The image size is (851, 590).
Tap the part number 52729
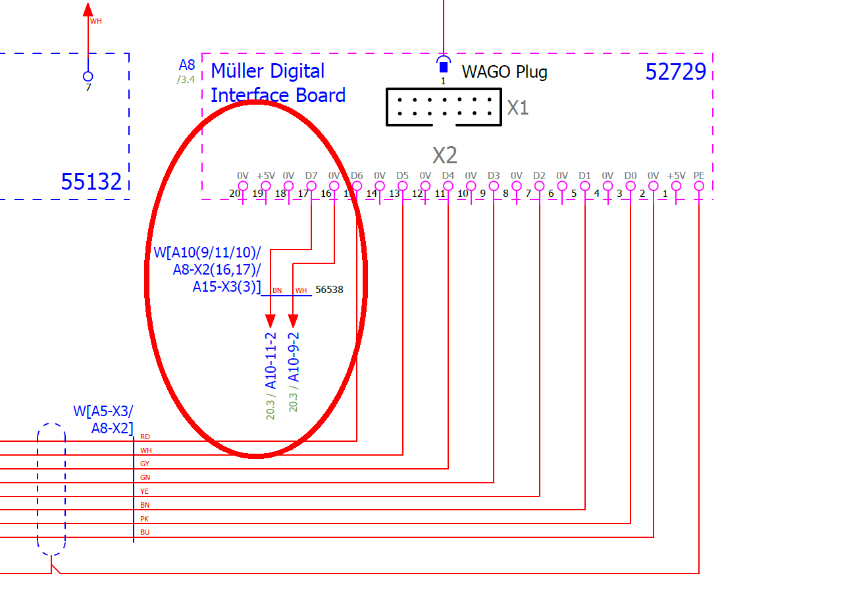click(675, 72)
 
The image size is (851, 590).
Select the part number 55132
click(91, 181)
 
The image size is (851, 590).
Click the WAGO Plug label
click(504, 72)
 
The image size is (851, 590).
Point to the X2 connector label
click(444, 155)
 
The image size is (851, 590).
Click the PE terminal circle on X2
click(698, 186)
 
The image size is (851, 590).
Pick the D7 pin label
click(311, 176)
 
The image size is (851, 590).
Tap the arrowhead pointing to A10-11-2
click(270, 321)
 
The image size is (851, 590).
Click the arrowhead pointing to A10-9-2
click(293, 321)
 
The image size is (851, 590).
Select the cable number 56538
click(329, 289)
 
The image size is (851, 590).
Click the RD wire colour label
click(145, 437)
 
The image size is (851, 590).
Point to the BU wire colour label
click(145, 532)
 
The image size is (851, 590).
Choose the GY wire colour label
click(145, 464)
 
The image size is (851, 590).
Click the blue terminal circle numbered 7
click(88, 76)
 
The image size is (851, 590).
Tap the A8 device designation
click(187, 65)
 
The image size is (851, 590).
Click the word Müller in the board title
click(238, 71)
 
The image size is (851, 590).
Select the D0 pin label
click(631, 176)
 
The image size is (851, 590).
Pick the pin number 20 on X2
click(235, 194)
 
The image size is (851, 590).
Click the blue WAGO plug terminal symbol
click(444, 65)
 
